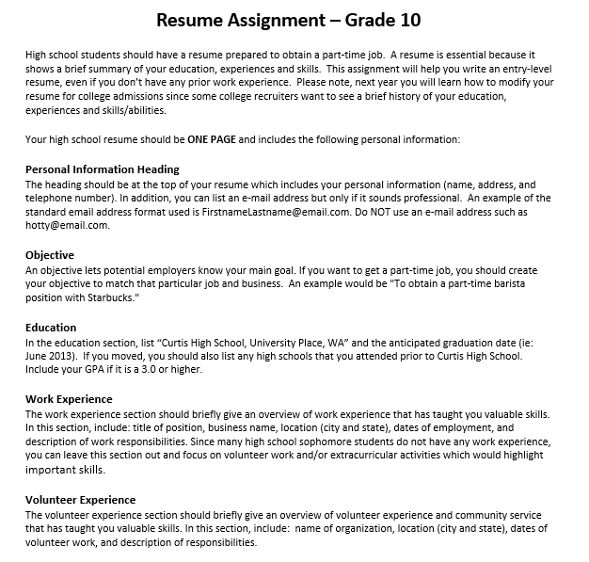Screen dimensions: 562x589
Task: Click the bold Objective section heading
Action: coord(50,255)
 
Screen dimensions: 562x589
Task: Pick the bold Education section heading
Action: coord(51,328)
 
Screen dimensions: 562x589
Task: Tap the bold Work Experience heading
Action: coord(69,399)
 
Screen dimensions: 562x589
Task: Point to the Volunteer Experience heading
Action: coord(81,500)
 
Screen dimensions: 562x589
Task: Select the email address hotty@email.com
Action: coord(68,226)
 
